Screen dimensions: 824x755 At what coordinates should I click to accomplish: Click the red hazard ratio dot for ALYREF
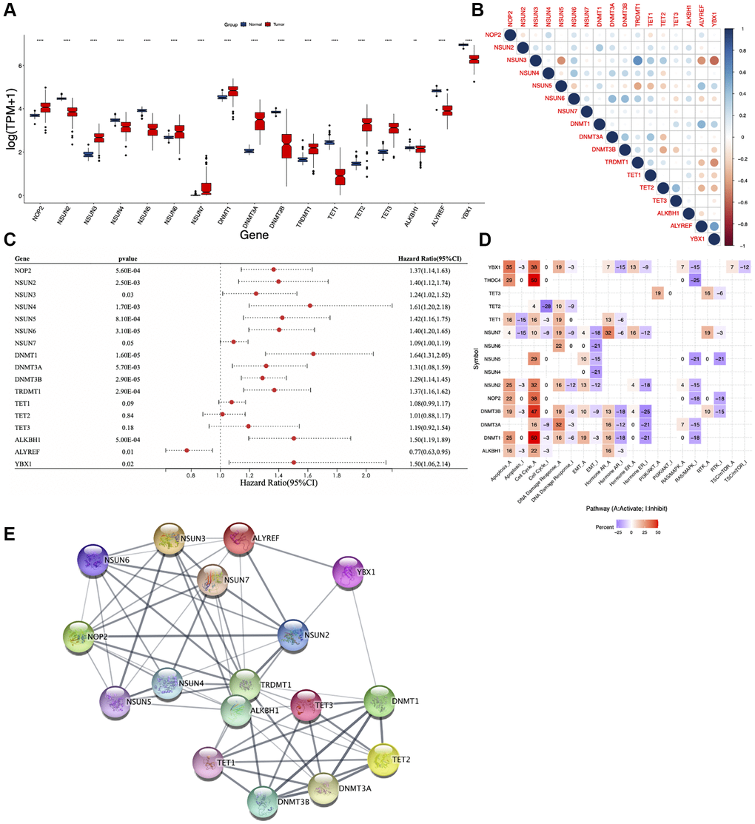(187, 450)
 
